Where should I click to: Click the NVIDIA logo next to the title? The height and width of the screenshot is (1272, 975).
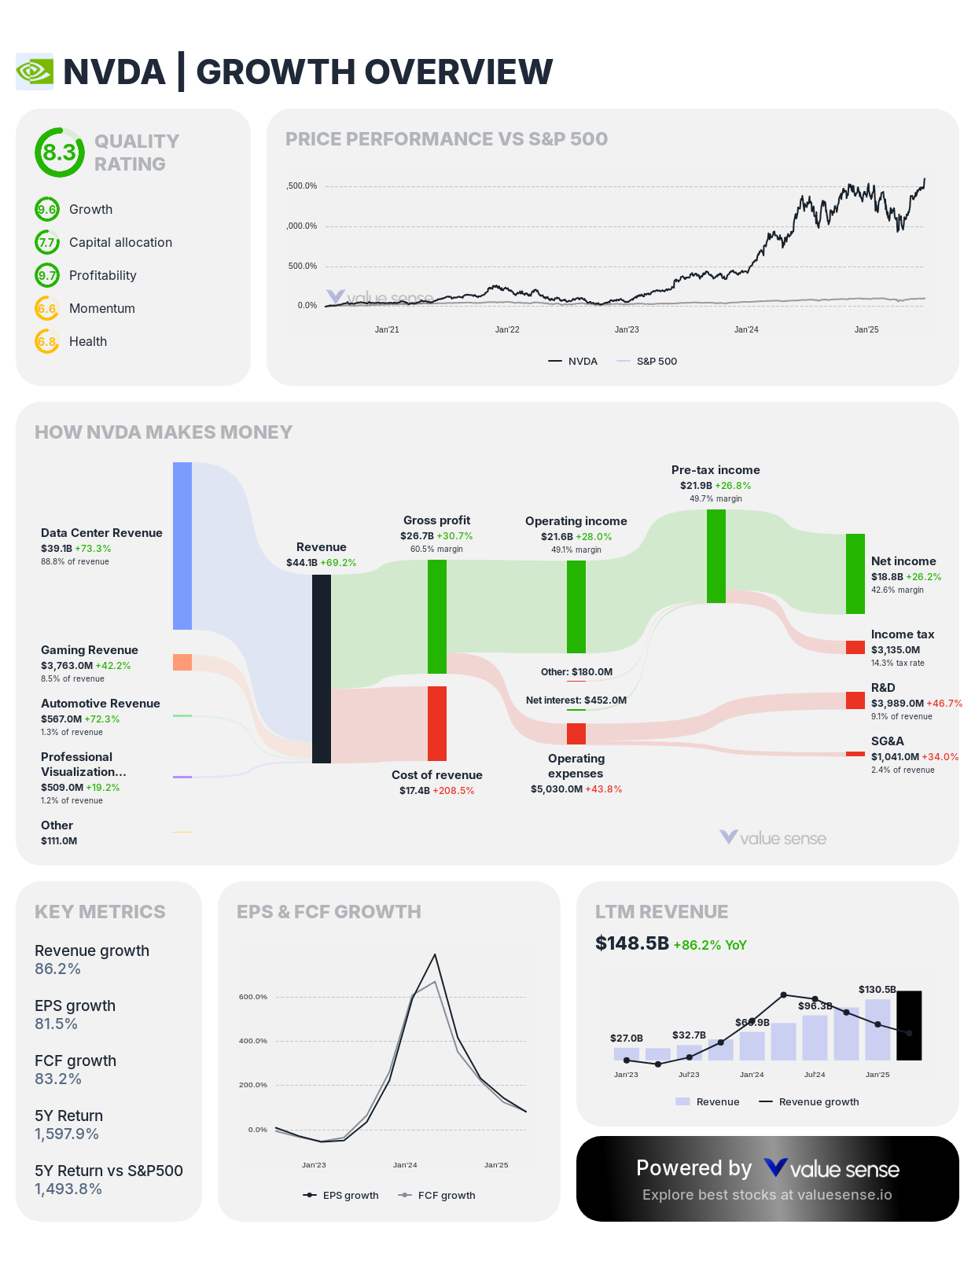(35, 72)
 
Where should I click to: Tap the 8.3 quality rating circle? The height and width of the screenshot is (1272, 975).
(59, 153)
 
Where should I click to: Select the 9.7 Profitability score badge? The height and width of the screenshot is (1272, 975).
(47, 275)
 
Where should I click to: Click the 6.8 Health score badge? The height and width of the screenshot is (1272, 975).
(47, 341)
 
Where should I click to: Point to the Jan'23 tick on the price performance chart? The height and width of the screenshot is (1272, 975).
(627, 329)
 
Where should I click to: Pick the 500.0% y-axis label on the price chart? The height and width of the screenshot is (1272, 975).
(302, 266)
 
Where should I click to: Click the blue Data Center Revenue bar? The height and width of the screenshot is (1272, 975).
(182, 546)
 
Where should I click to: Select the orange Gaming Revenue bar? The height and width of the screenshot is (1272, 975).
(182, 662)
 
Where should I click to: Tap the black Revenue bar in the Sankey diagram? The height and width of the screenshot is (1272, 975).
(322, 668)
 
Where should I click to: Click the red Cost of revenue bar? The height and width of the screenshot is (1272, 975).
(437, 723)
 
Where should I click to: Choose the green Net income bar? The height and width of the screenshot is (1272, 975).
(855, 574)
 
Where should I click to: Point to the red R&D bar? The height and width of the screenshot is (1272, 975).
(855, 700)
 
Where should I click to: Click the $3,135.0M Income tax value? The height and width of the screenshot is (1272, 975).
(895, 650)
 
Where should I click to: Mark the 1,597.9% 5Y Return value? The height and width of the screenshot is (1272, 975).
(67, 1134)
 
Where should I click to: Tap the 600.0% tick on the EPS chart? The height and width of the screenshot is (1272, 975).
(253, 997)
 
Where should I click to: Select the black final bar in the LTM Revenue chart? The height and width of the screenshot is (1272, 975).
(909, 1025)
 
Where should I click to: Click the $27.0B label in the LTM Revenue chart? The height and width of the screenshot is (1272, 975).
(627, 1038)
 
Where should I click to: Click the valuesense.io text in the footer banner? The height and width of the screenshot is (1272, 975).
(844, 1195)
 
